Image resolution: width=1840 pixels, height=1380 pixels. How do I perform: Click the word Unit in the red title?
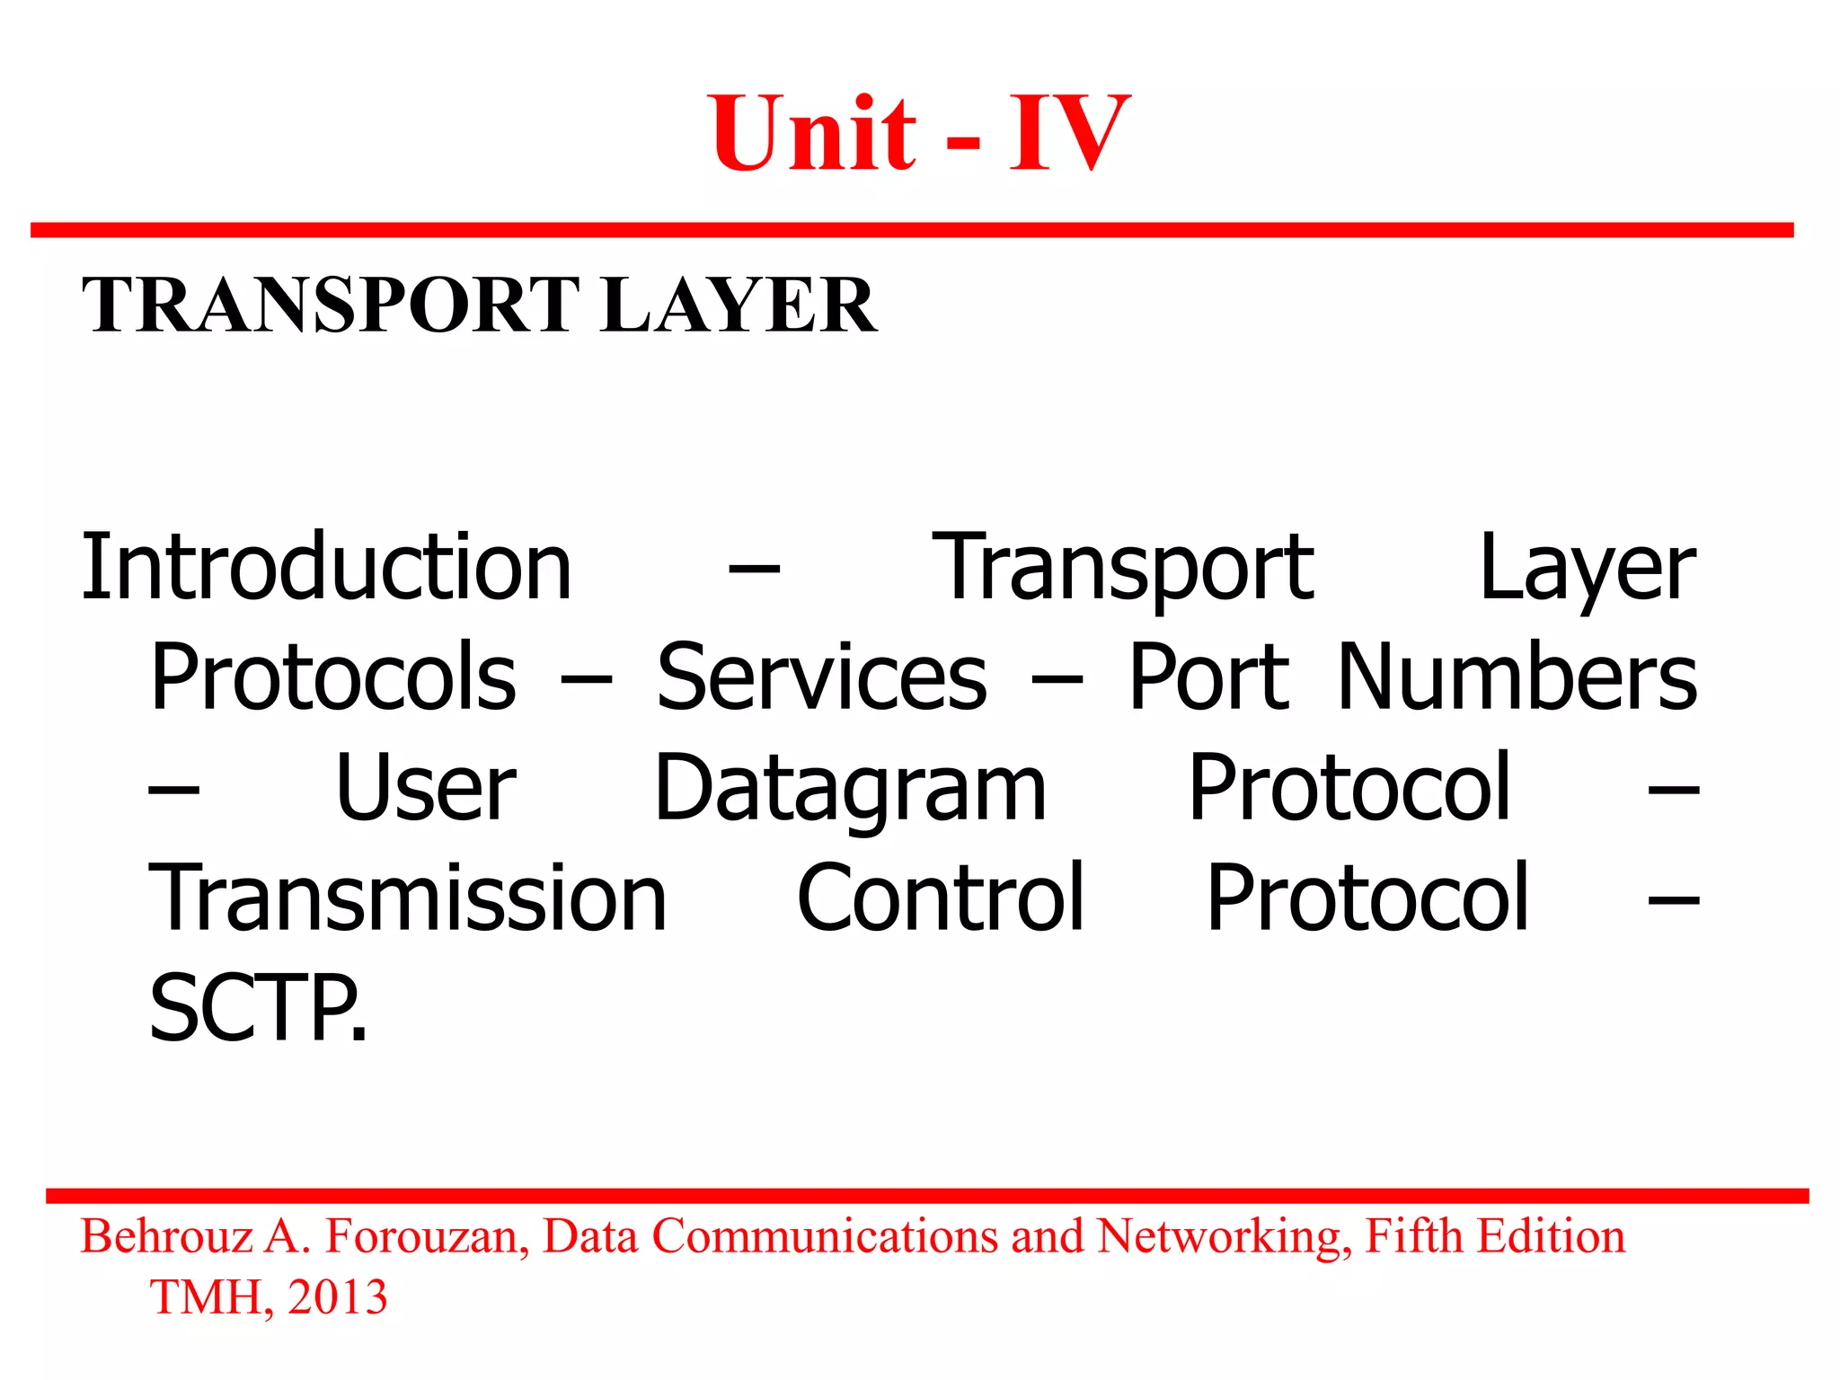[x=814, y=135]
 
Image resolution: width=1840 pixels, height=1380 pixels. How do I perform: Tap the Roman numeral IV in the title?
[x=1069, y=135]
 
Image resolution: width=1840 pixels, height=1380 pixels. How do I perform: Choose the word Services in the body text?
[x=821, y=677]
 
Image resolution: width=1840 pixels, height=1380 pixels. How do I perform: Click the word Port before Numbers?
[x=1208, y=677]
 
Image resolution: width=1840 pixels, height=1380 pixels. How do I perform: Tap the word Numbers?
[x=1517, y=677]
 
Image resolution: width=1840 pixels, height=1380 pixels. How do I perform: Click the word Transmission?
[x=408, y=898]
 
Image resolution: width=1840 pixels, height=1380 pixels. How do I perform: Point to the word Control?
[x=941, y=898]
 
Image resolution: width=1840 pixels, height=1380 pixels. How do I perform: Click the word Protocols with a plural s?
[x=333, y=677]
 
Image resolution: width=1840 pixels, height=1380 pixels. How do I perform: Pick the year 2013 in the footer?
[x=338, y=1297]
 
